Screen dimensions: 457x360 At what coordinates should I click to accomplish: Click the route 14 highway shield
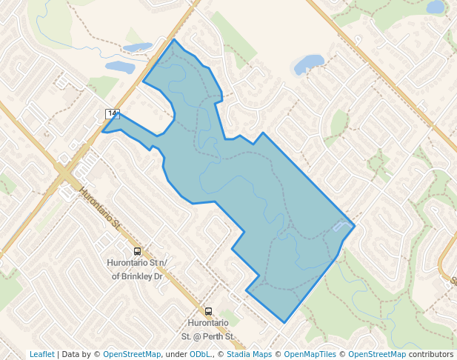112,113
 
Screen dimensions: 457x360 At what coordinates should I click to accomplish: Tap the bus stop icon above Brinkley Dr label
137,252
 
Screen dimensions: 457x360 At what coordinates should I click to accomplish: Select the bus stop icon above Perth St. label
208,312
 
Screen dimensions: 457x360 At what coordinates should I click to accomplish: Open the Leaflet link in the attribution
41,354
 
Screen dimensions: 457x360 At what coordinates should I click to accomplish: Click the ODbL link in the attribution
199,354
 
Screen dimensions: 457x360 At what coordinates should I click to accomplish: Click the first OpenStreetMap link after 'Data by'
132,354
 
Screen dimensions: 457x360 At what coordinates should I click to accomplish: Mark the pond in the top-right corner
436,7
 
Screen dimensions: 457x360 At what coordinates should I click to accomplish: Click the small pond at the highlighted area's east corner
341,226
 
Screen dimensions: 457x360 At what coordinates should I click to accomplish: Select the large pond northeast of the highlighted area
309,65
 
